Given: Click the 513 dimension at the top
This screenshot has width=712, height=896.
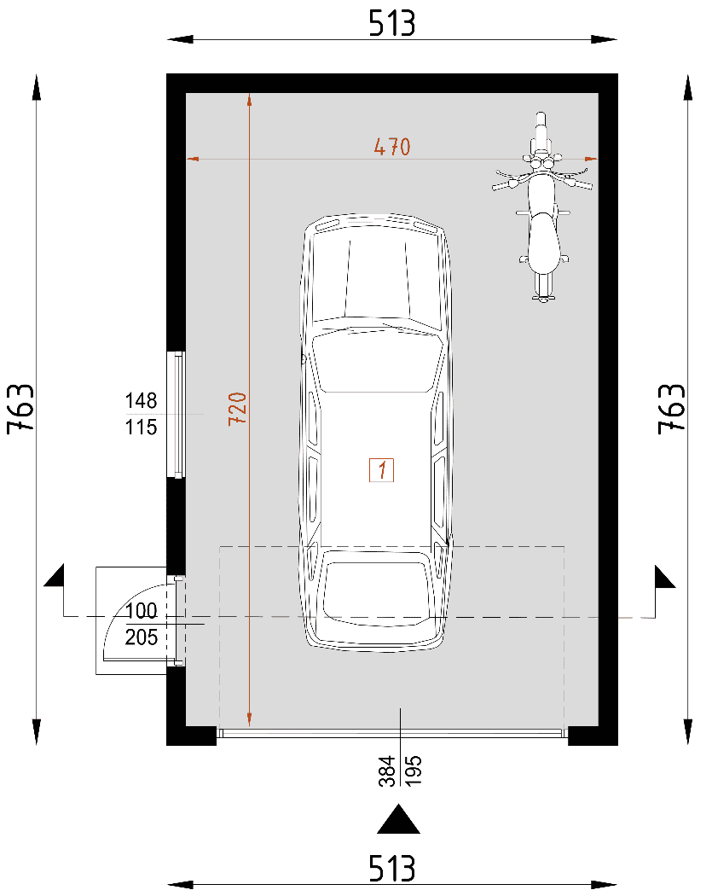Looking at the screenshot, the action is click(x=391, y=24).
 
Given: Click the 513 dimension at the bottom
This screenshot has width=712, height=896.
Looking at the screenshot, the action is click(x=391, y=869).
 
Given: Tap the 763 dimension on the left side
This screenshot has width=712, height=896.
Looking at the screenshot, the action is click(x=20, y=409).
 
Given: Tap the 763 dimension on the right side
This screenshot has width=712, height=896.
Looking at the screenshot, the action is click(x=671, y=409).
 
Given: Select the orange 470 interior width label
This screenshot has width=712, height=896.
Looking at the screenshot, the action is click(x=392, y=147).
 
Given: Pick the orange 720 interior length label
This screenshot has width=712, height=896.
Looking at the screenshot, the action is click(x=237, y=408).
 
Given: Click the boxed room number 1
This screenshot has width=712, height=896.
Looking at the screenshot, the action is click(x=381, y=470).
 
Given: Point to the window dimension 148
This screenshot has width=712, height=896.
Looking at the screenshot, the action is click(x=141, y=400).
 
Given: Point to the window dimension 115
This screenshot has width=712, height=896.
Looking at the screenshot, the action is click(x=141, y=427).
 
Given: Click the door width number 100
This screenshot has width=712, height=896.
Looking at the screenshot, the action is click(x=141, y=611).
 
